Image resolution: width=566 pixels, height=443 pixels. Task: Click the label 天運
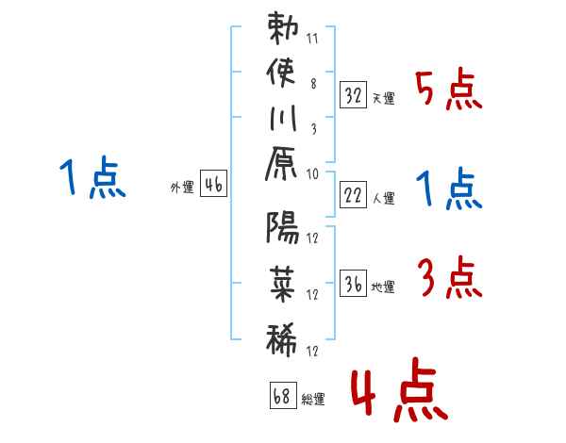[384, 98]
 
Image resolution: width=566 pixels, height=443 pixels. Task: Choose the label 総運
[313, 399]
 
